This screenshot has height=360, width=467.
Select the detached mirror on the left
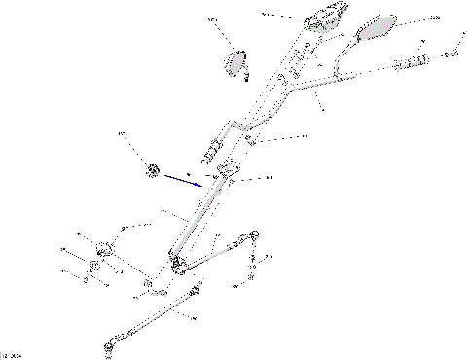pyautogui.click(x=234, y=62)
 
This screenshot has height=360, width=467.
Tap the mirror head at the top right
pyautogui.click(x=376, y=28)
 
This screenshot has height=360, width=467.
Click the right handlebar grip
pyautogui.click(x=412, y=63)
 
